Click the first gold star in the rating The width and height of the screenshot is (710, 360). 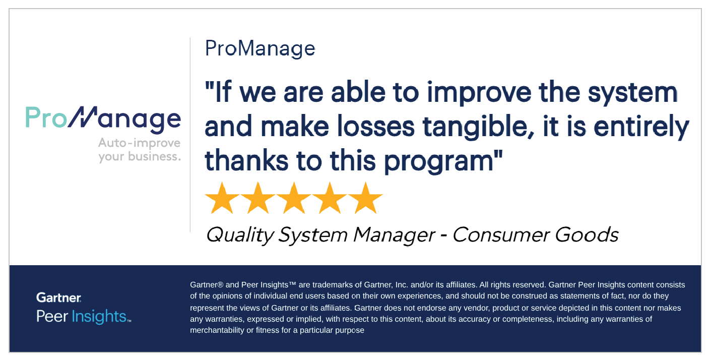click(x=222, y=198)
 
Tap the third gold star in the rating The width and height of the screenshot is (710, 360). click(x=294, y=198)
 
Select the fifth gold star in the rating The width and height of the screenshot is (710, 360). click(x=366, y=198)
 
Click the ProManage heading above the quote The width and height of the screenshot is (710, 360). click(x=260, y=49)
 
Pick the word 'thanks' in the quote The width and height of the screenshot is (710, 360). click(x=246, y=160)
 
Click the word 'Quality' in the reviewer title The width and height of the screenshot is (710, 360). click(x=240, y=235)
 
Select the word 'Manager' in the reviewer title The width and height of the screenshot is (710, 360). click(x=394, y=235)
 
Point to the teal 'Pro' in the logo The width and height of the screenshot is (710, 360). click(x=46, y=117)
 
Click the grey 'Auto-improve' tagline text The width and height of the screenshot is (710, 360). click(x=139, y=143)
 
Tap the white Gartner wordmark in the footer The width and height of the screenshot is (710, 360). click(x=58, y=297)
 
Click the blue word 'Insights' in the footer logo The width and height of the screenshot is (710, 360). click(x=99, y=316)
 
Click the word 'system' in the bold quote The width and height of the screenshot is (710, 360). click(x=633, y=93)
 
